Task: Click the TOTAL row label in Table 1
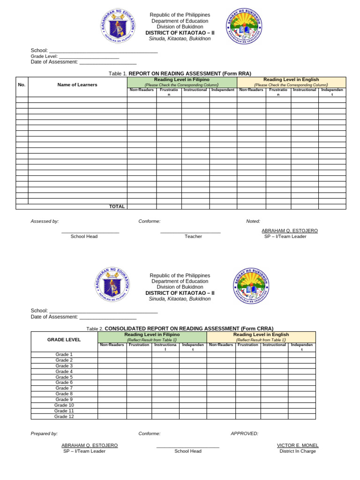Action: click(x=117, y=207)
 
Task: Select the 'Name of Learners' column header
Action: click(x=77, y=85)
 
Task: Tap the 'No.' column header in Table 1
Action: click(x=22, y=85)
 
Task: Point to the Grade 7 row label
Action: click(x=64, y=388)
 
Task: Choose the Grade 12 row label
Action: click(x=64, y=416)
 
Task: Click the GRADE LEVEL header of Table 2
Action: click(x=64, y=340)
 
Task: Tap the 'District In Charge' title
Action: click(x=298, y=451)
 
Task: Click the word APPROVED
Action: click(x=244, y=434)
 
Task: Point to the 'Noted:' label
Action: click(x=253, y=221)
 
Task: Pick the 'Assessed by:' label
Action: click(x=45, y=221)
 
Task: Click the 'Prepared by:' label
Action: click(x=44, y=434)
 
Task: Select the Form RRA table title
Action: click(x=180, y=74)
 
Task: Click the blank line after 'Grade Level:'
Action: click(x=89, y=57)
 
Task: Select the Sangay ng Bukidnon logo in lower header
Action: click(x=251, y=285)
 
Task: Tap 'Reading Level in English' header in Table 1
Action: click(x=291, y=80)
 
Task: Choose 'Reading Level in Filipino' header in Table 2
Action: click(x=152, y=335)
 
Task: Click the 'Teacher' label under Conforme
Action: click(x=193, y=237)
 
